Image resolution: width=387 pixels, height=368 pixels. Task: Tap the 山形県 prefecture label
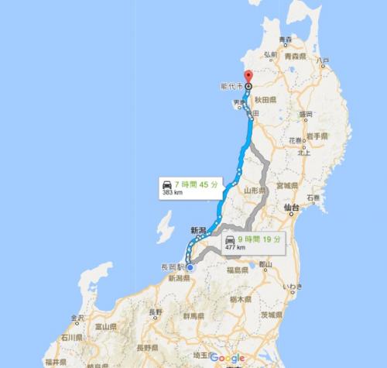pos(256,190)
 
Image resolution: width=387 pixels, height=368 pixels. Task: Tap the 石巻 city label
pos(313,198)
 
